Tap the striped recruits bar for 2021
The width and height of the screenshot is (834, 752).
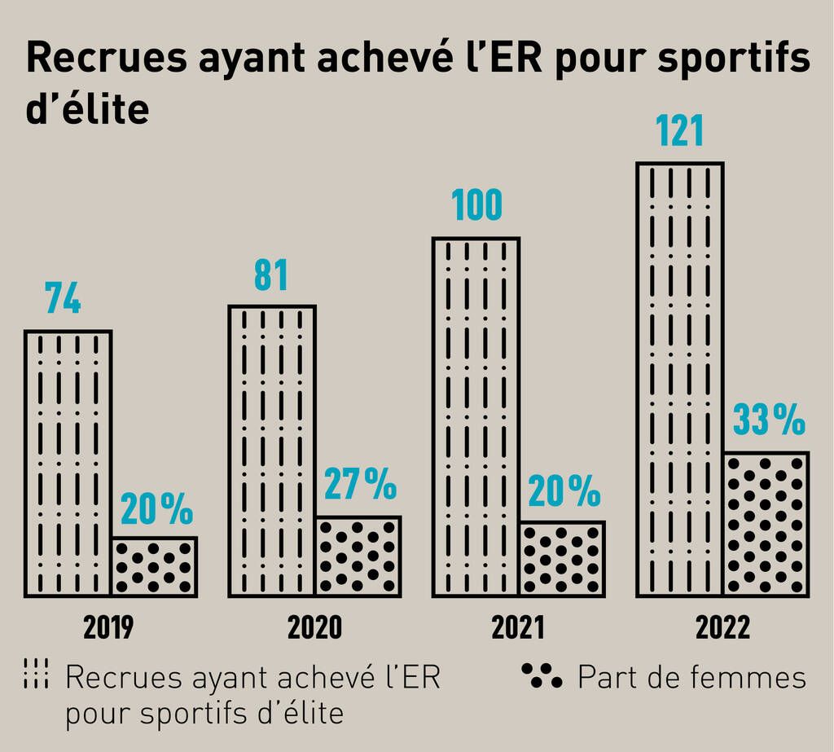[476, 416]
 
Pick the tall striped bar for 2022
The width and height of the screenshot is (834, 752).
[680, 379]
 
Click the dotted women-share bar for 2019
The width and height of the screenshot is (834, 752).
[154, 566]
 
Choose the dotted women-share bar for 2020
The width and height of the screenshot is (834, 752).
[358, 556]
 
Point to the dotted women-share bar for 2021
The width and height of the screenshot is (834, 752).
[563, 558]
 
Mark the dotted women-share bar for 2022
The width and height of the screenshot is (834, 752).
[767, 524]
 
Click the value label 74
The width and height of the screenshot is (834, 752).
[63, 300]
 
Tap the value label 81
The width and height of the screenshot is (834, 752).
[270, 275]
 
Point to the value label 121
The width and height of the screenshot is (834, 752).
[680, 132]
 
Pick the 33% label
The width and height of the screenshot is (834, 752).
[769, 421]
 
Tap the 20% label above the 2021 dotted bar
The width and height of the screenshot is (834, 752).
[564, 490]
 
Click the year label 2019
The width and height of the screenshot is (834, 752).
[109, 628]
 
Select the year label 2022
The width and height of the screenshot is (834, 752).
[722, 628]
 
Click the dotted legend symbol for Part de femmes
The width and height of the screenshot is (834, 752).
[542, 675]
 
